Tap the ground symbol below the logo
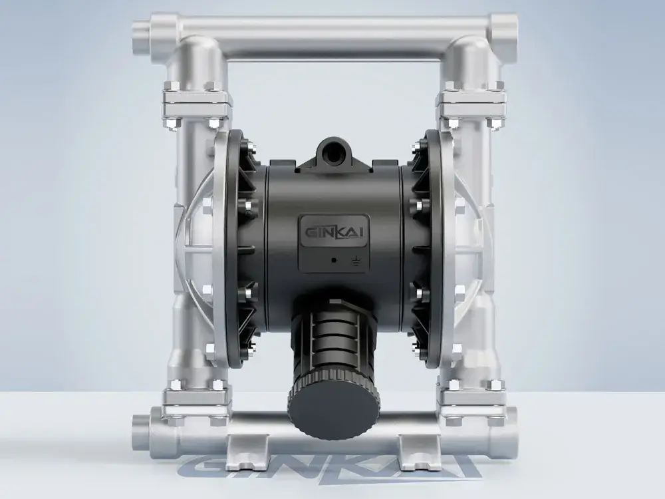click(355, 261)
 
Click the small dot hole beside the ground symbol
click(334, 260)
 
